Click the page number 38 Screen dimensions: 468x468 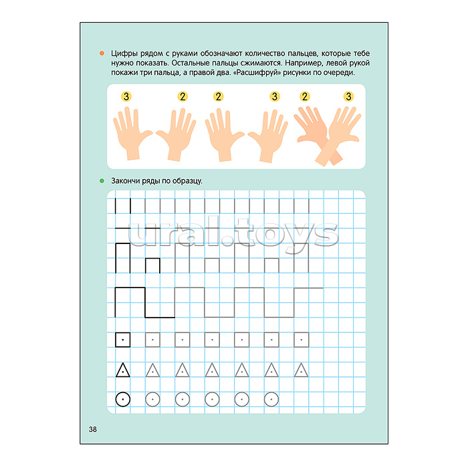[93, 429]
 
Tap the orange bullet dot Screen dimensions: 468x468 [102, 53]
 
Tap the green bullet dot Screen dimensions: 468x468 [102, 181]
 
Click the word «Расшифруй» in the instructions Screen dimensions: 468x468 [256, 72]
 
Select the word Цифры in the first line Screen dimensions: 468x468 [125, 53]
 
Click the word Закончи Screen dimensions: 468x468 [125, 181]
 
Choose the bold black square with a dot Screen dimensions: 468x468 [122, 340]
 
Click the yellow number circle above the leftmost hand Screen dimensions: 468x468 [126, 96]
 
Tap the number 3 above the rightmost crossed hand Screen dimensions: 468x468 [348, 96]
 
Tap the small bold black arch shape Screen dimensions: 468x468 [152, 259]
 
